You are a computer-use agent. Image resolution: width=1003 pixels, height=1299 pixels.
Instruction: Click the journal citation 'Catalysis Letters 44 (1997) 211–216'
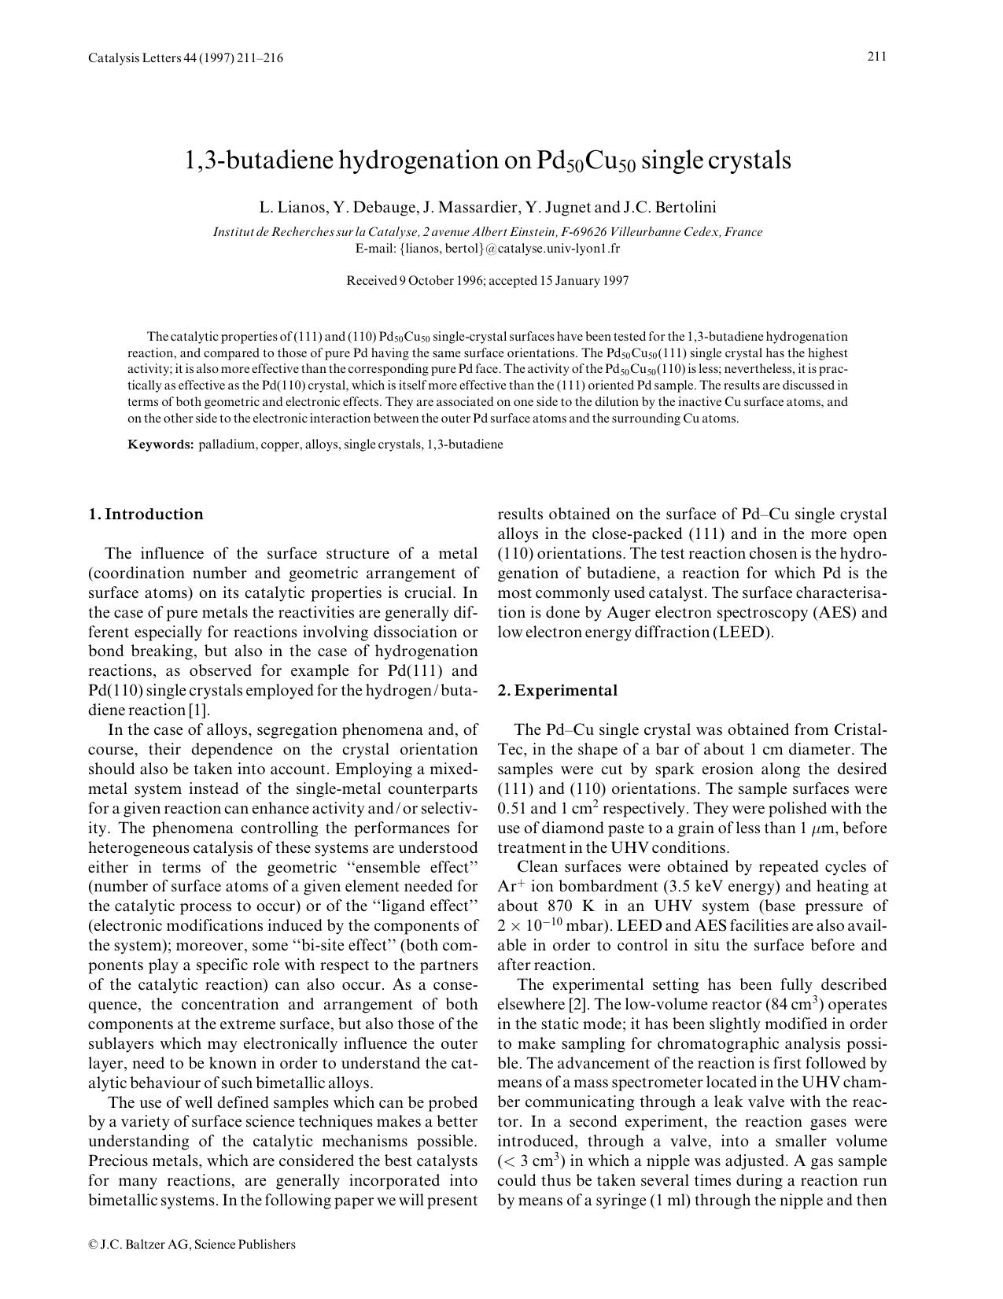(186, 58)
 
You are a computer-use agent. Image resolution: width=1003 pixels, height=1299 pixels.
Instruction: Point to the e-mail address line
(488, 249)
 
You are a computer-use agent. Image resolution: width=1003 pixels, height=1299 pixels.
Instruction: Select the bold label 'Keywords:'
(160, 445)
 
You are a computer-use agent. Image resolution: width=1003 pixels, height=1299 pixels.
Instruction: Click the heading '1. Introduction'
(146, 515)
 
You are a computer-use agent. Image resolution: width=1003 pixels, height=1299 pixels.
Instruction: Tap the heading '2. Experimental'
(558, 691)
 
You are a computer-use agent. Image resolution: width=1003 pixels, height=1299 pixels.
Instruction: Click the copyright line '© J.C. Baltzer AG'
(192, 1244)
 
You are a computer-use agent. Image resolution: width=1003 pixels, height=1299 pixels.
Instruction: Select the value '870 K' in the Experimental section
(566, 906)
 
